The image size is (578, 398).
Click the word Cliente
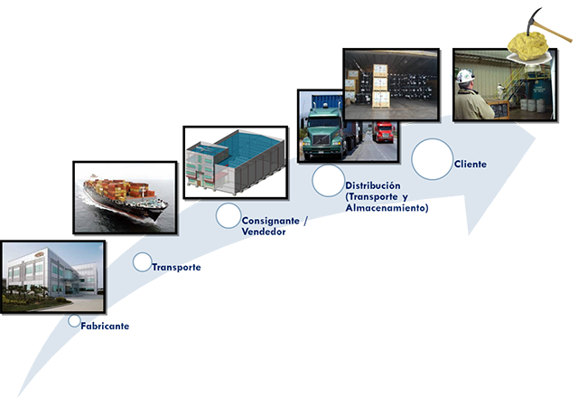click(471, 164)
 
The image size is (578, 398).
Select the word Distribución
click(372, 185)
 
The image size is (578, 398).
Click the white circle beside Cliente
click(432, 158)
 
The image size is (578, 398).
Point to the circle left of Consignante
click(228, 215)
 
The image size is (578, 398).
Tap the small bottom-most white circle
click(74, 320)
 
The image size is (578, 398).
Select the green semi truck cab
click(322, 136)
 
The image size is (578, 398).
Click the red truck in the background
click(383, 133)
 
